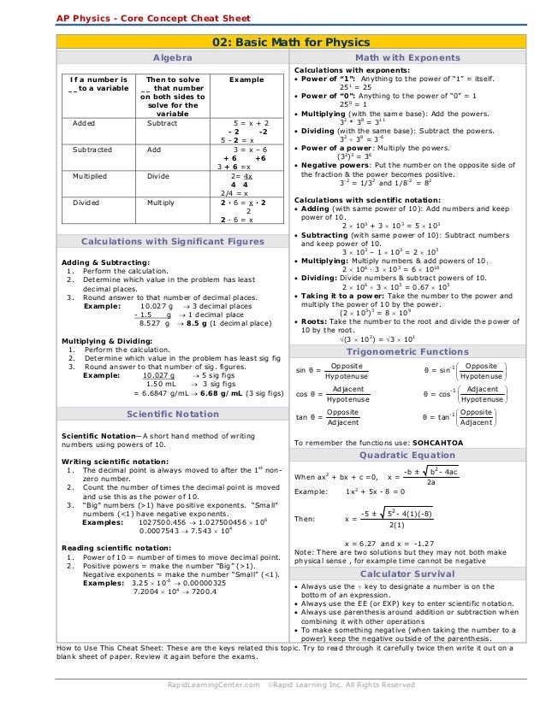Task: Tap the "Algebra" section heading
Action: click(x=172, y=57)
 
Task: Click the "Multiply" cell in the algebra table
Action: click(x=160, y=203)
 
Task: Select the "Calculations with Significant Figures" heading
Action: click(x=172, y=242)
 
